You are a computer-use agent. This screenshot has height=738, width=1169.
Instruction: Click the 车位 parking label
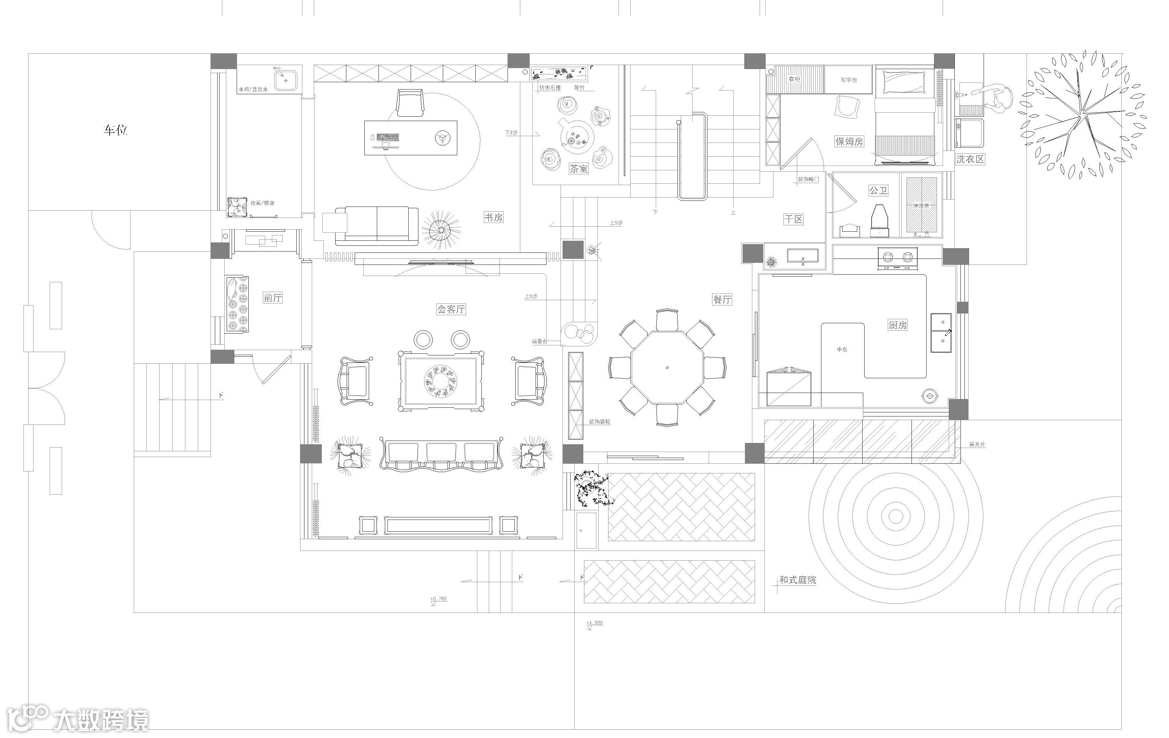pyautogui.click(x=115, y=130)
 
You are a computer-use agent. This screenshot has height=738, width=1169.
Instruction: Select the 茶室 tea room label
pyautogui.click(x=578, y=169)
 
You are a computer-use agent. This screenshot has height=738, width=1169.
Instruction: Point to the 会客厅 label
pyautogui.click(x=451, y=309)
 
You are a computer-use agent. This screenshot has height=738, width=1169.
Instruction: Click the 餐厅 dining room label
pyautogui.click(x=722, y=299)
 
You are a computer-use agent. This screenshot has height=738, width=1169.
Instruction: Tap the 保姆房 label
pyautogui.click(x=849, y=141)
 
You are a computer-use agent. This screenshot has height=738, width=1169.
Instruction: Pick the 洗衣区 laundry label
pyautogui.click(x=970, y=159)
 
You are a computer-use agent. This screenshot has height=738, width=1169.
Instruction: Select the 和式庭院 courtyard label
pyautogui.click(x=798, y=580)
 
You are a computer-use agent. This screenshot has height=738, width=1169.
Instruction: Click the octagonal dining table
pyautogui.click(x=667, y=367)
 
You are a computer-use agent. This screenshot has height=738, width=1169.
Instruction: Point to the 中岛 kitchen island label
pyautogui.click(x=842, y=350)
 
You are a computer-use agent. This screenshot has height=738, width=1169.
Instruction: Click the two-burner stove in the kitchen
pyautogui.click(x=897, y=258)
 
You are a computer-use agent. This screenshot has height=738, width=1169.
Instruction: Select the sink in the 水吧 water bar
pyautogui.click(x=286, y=79)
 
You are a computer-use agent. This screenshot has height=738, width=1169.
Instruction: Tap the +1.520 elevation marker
pyautogui.click(x=595, y=623)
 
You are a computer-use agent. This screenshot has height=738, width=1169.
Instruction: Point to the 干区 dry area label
pyautogui.click(x=793, y=219)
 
